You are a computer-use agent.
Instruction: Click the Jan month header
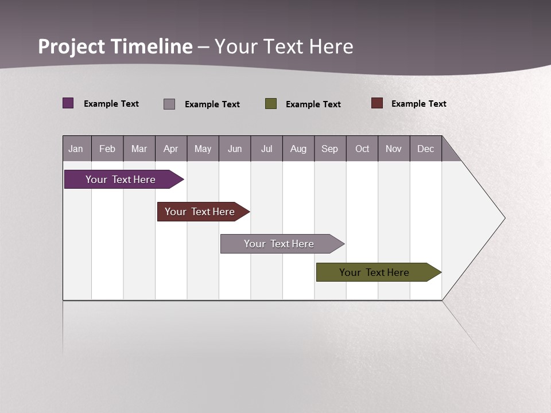76,149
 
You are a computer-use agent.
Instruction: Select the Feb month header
107,149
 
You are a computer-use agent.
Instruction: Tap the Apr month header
170,149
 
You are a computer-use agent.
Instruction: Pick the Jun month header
235,149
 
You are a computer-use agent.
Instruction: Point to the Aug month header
298,149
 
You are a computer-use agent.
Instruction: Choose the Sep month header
329,149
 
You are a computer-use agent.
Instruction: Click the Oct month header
362,149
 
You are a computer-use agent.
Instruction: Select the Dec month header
425,149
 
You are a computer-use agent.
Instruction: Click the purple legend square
68,103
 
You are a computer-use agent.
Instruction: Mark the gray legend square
169,104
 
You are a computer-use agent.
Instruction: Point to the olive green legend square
271,103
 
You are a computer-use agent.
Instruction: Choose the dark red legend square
377,103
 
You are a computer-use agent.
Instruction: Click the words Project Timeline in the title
115,46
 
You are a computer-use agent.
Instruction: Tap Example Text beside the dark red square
418,104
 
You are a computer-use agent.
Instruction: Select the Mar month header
139,149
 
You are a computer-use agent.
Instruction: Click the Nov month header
394,149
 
